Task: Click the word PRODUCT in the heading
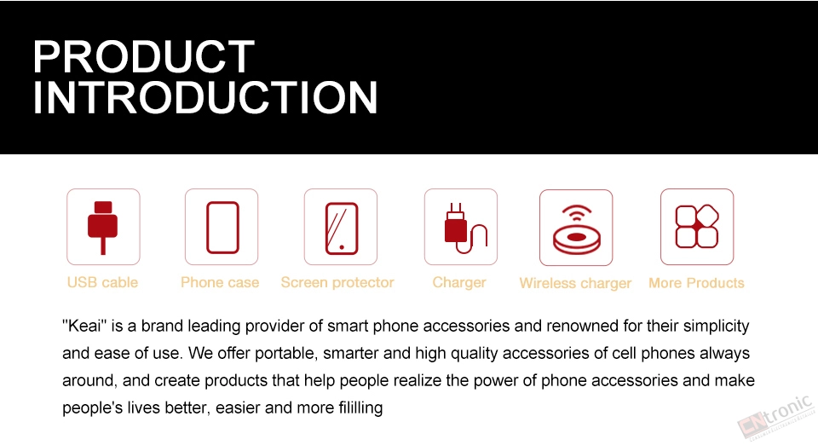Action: click(143, 56)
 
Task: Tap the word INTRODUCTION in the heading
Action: click(205, 97)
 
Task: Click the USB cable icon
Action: click(103, 227)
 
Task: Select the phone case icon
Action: click(222, 227)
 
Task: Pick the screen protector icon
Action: click(341, 227)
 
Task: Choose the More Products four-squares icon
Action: click(697, 227)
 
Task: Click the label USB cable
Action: click(103, 282)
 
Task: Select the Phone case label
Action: click(220, 282)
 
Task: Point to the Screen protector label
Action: click(337, 282)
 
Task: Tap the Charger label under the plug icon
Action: click(459, 283)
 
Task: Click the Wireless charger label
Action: click(575, 283)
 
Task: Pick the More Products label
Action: click(696, 283)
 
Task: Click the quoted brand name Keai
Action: click(84, 326)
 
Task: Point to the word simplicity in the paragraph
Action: click(717, 327)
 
